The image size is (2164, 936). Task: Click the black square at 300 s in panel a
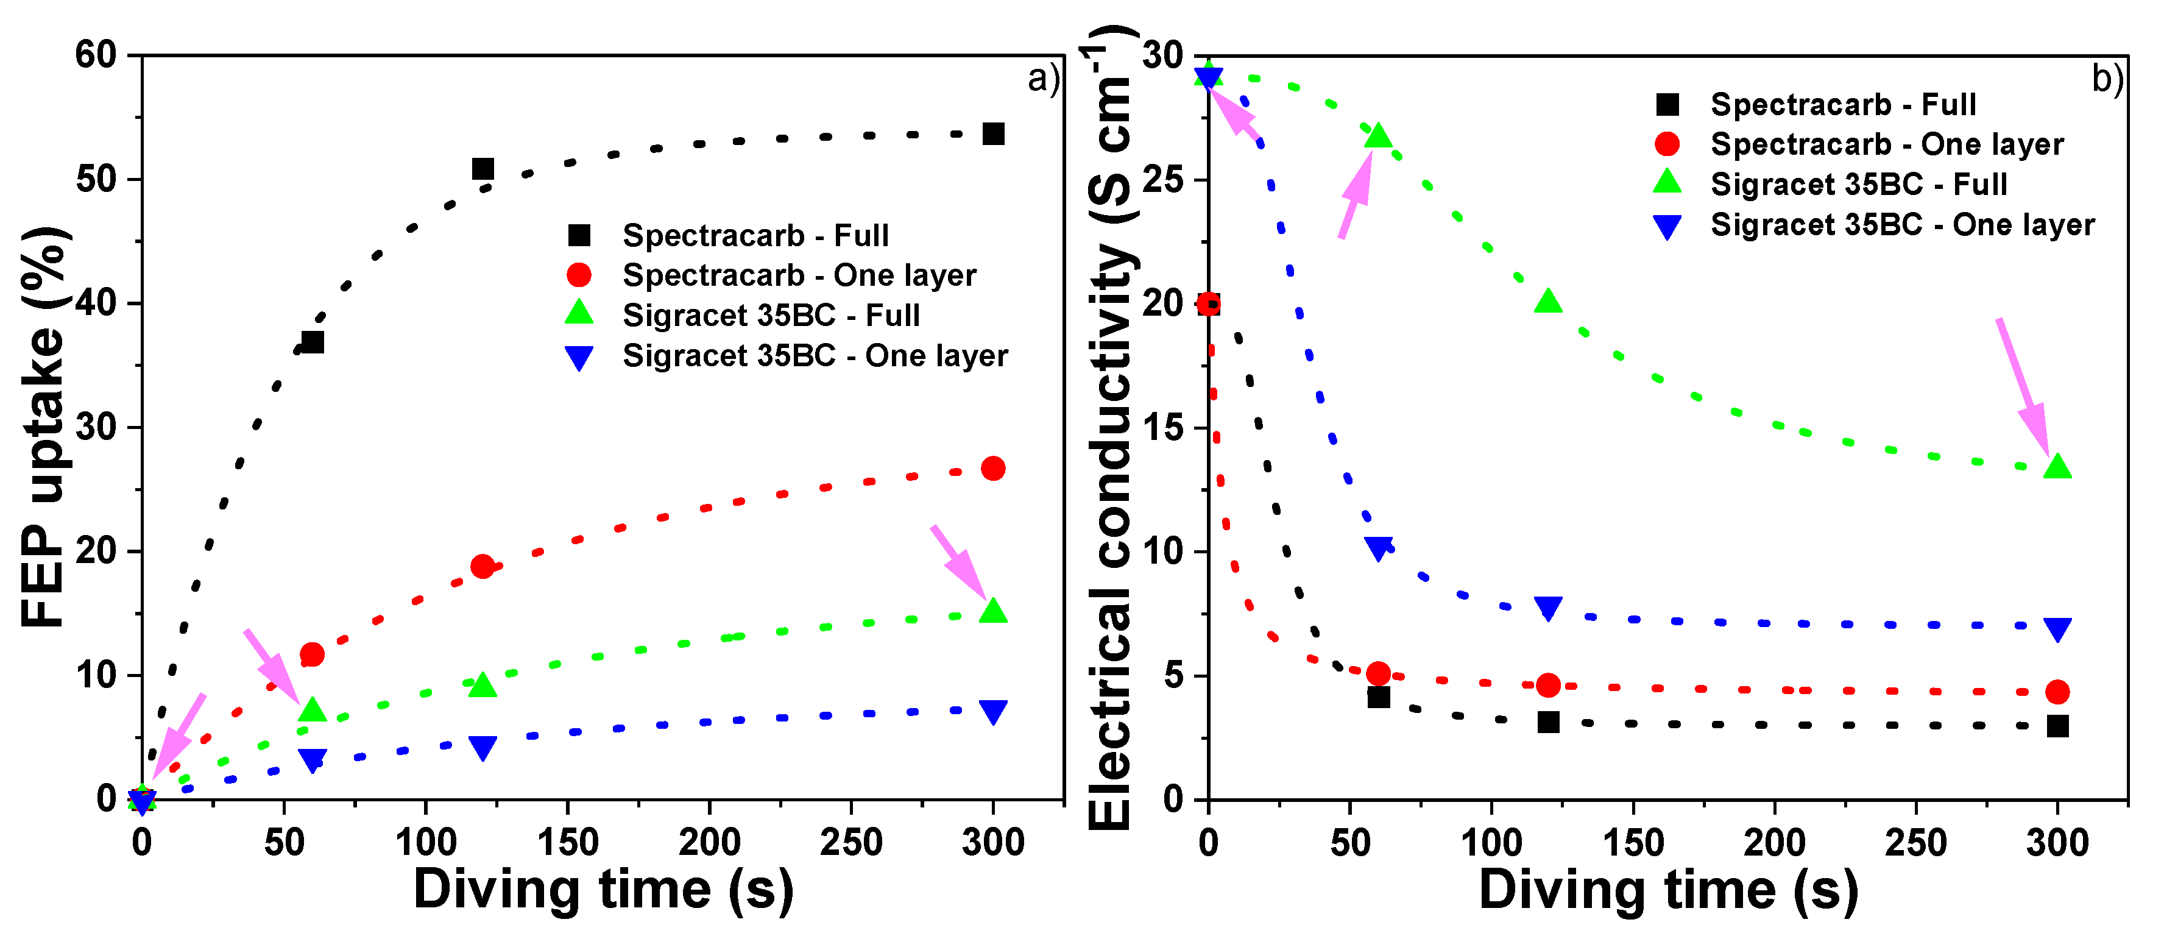point(993,135)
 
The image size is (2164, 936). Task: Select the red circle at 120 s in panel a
point(482,566)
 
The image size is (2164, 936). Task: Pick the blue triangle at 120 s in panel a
point(482,747)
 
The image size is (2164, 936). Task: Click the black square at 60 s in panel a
point(313,342)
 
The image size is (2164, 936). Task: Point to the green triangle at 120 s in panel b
point(1547,302)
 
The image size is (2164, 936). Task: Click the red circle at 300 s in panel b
point(2057,692)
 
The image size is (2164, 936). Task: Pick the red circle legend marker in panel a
point(579,275)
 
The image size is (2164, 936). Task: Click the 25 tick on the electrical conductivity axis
point(1164,179)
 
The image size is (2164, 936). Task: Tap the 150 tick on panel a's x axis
point(568,842)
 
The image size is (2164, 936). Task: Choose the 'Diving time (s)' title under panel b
point(1667,891)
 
